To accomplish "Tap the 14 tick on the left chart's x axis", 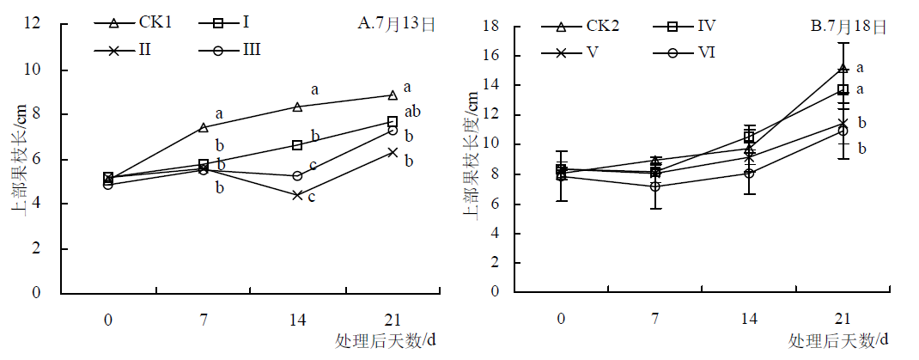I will click(x=297, y=319).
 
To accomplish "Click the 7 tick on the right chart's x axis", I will click(x=655, y=319).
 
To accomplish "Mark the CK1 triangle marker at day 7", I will click(x=203, y=127).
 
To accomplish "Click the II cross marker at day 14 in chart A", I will click(x=297, y=195).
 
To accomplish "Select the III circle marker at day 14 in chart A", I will click(x=297, y=175).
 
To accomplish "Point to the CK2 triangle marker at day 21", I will click(x=843, y=68).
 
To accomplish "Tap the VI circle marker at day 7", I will click(x=655, y=186).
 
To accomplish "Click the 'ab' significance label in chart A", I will click(x=414, y=111).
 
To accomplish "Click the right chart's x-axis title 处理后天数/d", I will click(x=838, y=340).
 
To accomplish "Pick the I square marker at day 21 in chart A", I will click(x=392, y=122).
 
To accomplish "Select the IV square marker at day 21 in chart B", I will click(x=843, y=89).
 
